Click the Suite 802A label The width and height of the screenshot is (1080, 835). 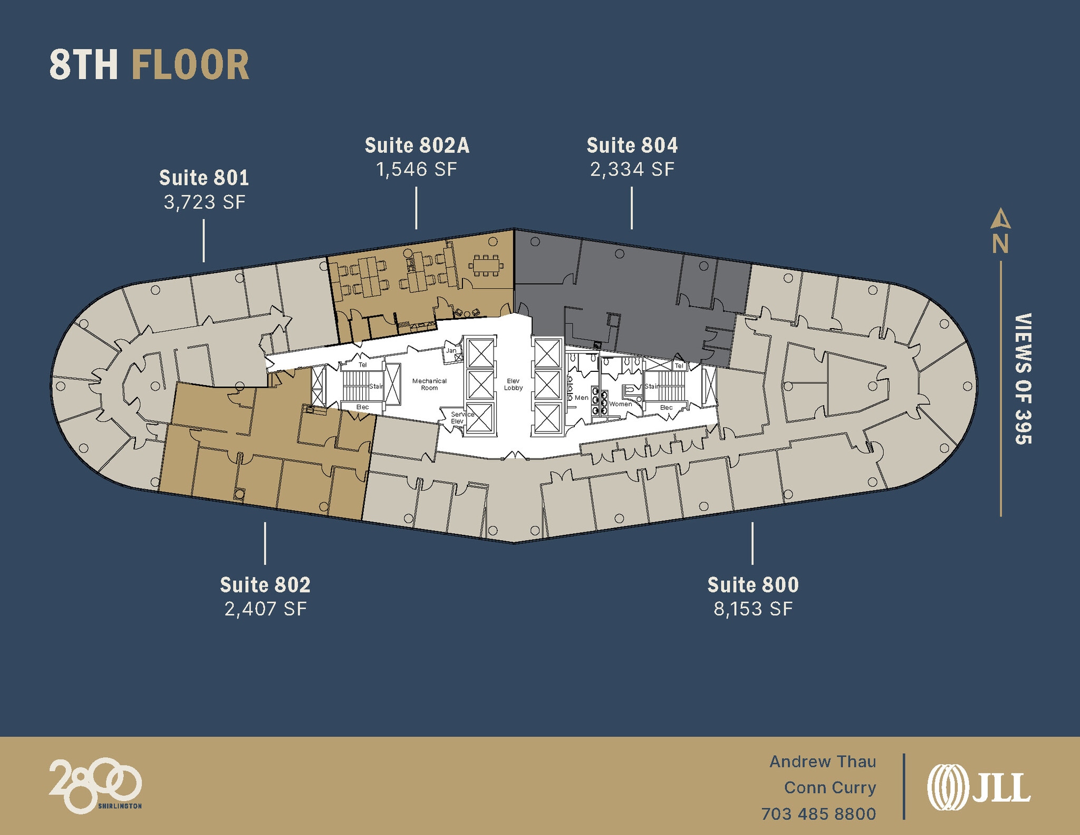coord(417,146)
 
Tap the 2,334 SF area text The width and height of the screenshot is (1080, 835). coord(632,169)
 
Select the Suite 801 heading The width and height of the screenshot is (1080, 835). coord(204,178)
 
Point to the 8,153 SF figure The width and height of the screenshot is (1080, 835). coord(753,609)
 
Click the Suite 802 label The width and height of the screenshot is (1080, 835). coord(265,584)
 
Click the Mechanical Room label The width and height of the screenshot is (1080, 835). coord(429,384)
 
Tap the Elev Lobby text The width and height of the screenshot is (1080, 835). coord(513,384)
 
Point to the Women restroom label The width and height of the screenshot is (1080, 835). coord(620,404)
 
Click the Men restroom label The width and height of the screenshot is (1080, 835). coord(581,398)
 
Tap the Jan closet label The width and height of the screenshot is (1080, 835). coord(451,350)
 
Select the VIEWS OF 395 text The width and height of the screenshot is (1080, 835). coord(1023,379)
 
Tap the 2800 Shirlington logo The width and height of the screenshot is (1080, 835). coord(95,785)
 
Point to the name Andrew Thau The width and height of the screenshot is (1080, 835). coord(822,762)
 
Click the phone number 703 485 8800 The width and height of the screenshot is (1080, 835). coord(818,814)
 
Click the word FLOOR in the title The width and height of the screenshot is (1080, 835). coord(190,65)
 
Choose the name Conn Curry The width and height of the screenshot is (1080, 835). coord(830,788)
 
